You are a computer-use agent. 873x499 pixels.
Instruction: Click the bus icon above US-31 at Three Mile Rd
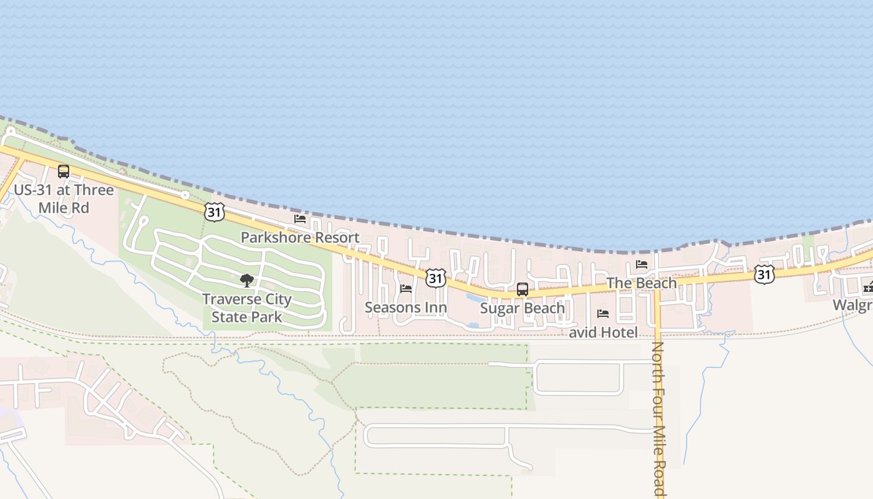64,171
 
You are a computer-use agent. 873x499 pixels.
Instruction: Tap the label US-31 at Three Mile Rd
64,198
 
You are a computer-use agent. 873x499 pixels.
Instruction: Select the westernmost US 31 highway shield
214,211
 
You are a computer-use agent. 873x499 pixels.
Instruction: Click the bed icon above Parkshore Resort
300,219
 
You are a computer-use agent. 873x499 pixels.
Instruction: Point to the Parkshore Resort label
300,238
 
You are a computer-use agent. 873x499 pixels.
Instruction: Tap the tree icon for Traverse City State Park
247,281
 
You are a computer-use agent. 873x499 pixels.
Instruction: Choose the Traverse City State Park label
247,308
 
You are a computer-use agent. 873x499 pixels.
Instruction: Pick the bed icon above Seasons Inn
406,289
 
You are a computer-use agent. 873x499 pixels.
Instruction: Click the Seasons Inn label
406,308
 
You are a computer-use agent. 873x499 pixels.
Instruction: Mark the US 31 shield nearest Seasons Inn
436,278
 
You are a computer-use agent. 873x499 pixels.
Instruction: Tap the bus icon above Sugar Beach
523,289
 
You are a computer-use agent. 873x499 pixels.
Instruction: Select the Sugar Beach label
523,308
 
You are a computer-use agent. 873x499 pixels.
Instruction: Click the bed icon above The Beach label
641,264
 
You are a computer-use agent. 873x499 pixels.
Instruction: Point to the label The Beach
641,283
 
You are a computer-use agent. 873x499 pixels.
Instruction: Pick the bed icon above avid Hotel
603,314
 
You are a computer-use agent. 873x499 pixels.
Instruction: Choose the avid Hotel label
603,332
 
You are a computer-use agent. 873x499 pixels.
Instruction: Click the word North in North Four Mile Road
658,361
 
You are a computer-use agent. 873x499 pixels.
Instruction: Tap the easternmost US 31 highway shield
764,274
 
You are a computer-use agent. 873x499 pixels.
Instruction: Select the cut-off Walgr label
853,306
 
